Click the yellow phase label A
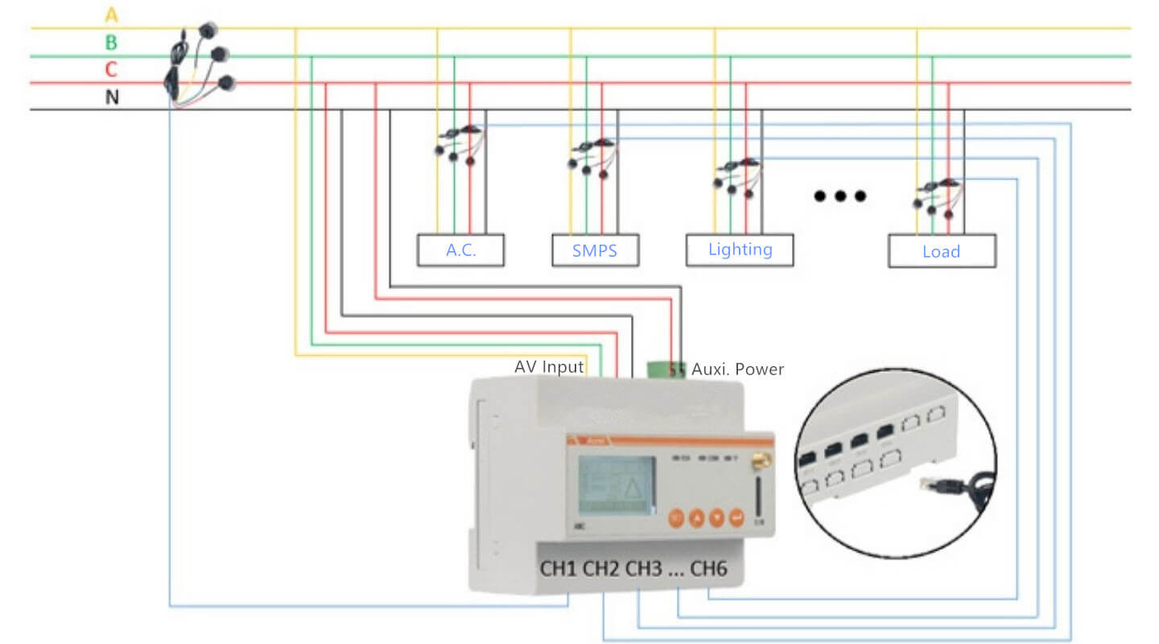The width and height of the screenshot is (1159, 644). click(x=111, y=14)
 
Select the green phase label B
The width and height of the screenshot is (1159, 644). click(x=111, y=43)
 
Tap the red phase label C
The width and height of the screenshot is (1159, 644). click(x=111, y=70)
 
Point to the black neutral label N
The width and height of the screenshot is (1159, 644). click(x=112, y=97)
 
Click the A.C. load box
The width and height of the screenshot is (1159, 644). click(x=460, y=250)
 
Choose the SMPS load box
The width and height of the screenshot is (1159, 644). click(x=595, y=250)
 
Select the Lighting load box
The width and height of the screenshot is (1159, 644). click(x=740, y=250)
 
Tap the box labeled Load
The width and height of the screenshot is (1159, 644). click(x=941, y=251)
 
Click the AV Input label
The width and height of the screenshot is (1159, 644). click(x=549, y=367)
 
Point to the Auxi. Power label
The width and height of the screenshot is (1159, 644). click(x=736, y=369)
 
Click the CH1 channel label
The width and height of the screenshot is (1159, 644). click(x=559, y=569)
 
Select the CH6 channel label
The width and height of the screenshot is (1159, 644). click(x=708, y=569)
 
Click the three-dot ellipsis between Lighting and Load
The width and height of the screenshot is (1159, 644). click(x=839, y=196)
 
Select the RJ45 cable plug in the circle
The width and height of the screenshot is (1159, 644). click(x=938, y=485)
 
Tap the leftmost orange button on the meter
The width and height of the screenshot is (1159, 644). click(x=677, y=518)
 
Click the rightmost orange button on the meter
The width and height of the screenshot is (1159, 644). click(x=736, y=518)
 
